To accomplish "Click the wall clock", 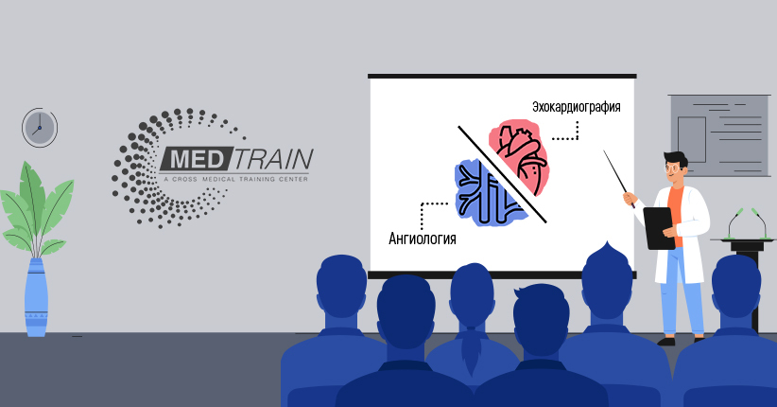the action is pyautogui.click(x=40, y=127).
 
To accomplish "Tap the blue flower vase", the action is pyautogui.click(x=37, y=297).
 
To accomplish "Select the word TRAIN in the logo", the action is pyautogui.click(x=272, y=159).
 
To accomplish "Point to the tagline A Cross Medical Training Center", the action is pyautogui.click(x=235, y=179).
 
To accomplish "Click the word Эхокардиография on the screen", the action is pyautogui.click(x=577, y=107).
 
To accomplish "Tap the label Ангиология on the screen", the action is pyautogui.click(x=423, y=239).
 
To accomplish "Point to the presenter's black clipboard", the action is pyautogui.click(x=659, y=228).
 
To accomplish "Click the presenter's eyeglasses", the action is pyautogui.click(x=672, y=168).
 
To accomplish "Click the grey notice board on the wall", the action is pyautogui.click(x=719, y=135).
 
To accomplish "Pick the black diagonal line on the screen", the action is pyautogui.click(x=502, y=174).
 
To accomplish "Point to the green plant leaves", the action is pyautogui.click(x=36, y=208).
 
